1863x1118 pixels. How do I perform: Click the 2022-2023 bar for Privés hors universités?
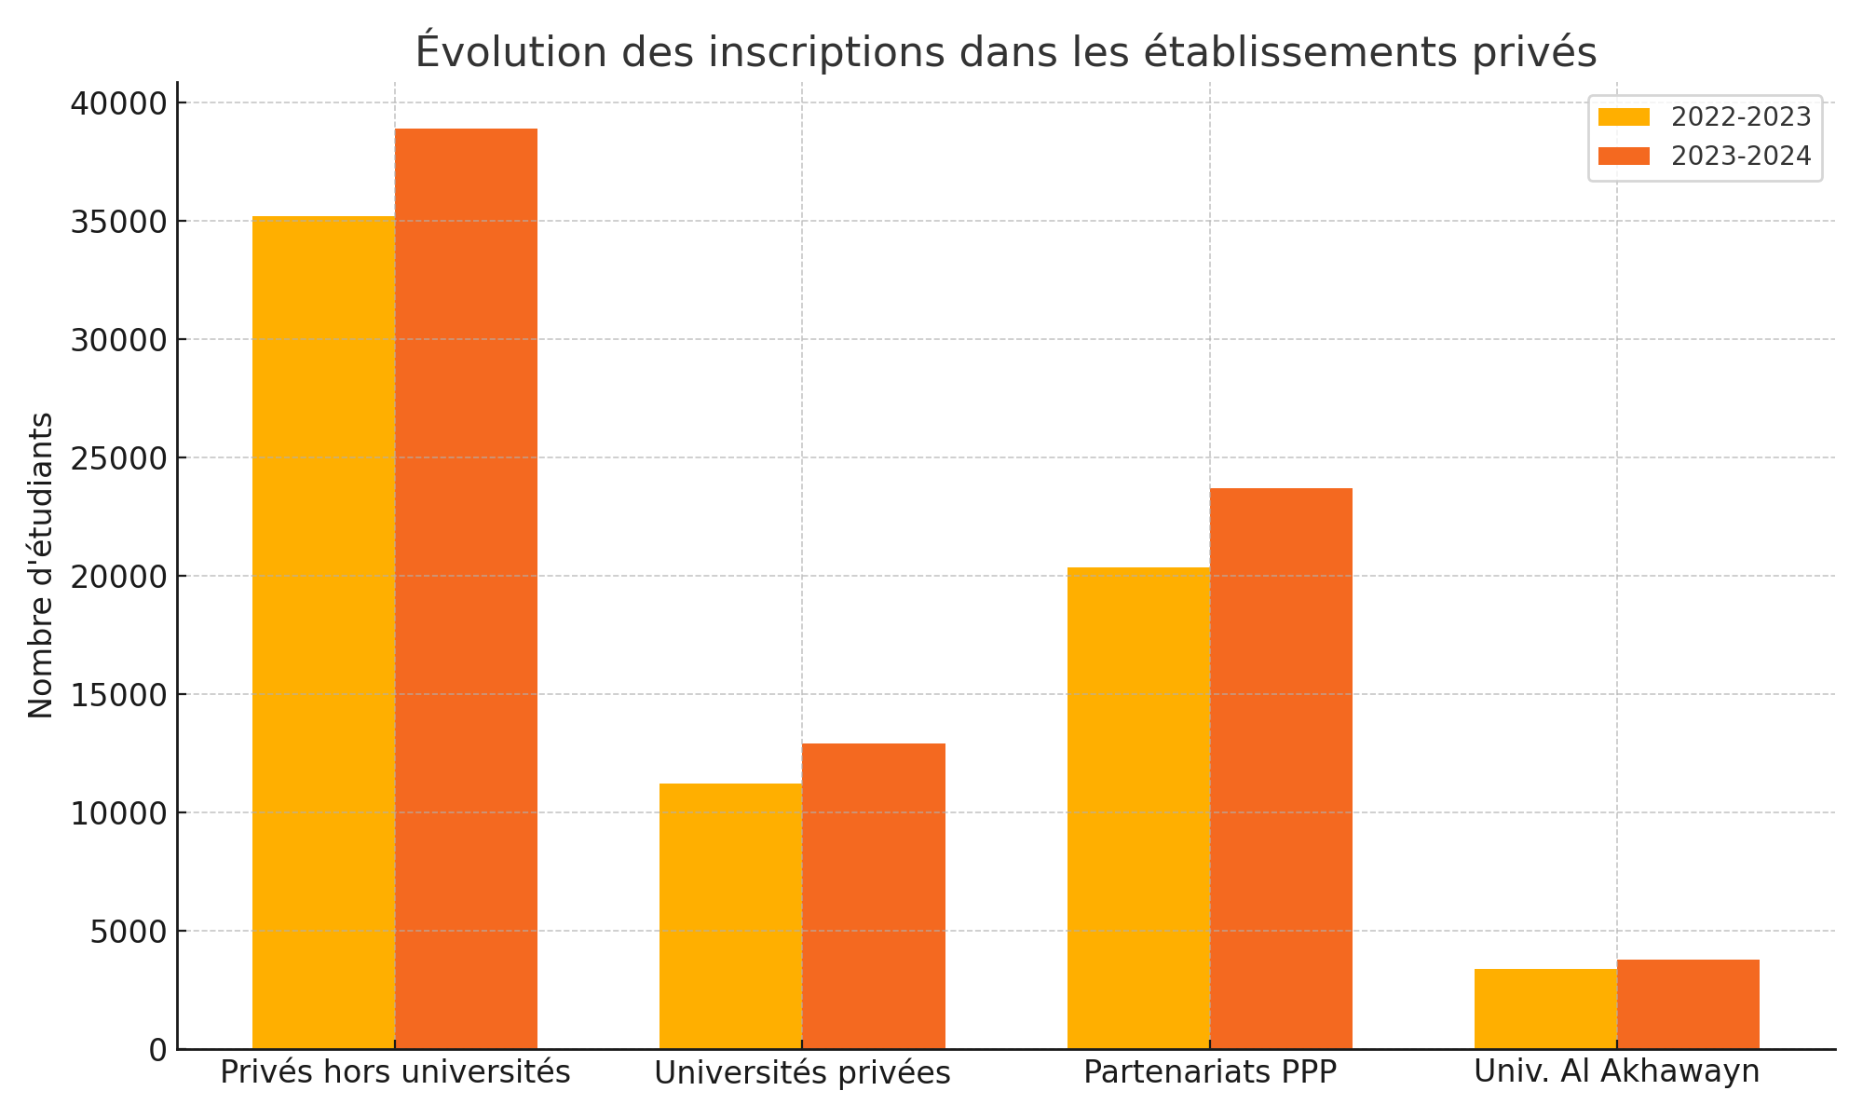click(323, 633)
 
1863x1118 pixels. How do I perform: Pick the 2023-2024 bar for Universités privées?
click(874, 896)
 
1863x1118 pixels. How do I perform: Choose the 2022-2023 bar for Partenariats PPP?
click(1138, 808)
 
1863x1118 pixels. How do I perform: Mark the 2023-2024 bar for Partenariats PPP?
click(1281, 769)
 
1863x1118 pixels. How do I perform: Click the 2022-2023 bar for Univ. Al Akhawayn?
click(1545, 1009)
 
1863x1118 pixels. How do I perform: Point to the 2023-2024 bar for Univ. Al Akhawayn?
click(1688, 1004)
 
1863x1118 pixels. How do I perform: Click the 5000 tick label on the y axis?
click(129, 932)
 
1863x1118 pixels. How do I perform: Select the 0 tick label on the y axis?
click(157, 1050)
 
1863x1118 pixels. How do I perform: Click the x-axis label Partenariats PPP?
click(1210, 1072)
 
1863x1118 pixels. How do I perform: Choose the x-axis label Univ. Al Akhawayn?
click(1616, 1072)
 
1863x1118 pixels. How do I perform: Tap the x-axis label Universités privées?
click(802, 1073)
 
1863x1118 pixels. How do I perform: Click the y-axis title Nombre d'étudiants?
click(41, 566)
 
